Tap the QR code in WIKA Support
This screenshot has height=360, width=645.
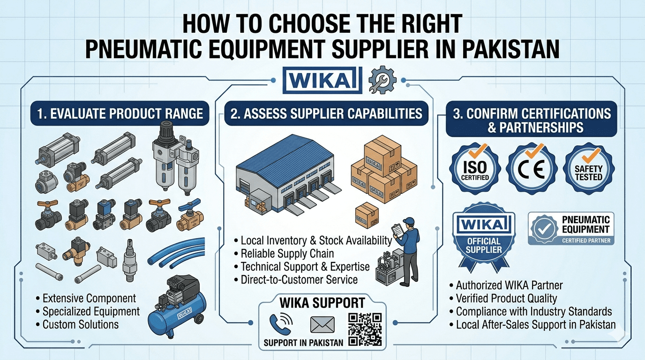(x=365, y=330)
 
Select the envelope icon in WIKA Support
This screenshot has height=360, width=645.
(x=322, y=324)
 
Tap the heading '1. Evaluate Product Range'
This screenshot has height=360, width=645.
(x=117, y=114)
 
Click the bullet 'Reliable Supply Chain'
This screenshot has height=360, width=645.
(x=287, y=254)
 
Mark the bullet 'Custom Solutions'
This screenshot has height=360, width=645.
(x=80, y=324)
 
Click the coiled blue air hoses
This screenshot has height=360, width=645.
(x=177, y=252)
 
